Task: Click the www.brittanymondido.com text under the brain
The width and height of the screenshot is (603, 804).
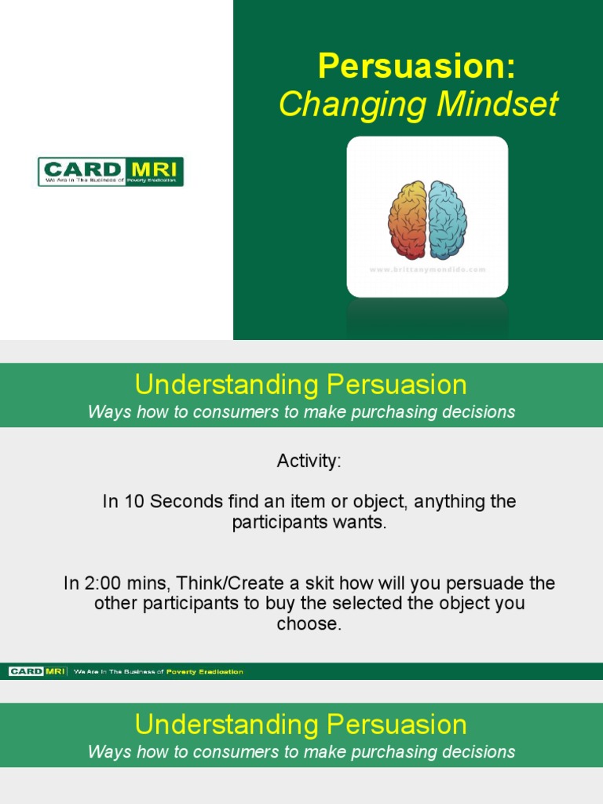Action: [x=427, y=269]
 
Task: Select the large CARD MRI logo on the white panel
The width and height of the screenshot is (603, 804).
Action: [x=111, y=171]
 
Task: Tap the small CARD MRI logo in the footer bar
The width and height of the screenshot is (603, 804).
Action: [x=38, y=671]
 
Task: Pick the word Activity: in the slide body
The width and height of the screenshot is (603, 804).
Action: [x=309, y=462]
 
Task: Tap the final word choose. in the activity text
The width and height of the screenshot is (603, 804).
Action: [x=309, y=625]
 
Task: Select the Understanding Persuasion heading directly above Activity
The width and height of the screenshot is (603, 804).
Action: [x=301, y=385]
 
